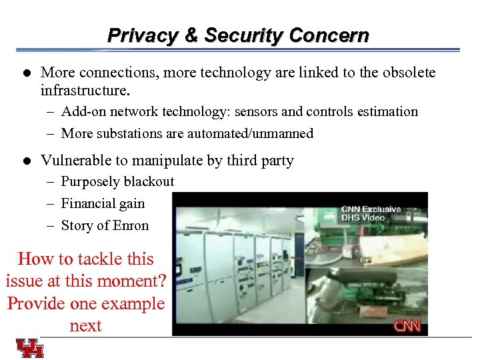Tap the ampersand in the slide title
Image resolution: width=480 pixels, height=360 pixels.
tap(191, 35)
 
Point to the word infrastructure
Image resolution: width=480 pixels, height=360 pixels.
tap(83, 89)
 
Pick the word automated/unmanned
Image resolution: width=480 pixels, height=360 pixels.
tap(250, 133)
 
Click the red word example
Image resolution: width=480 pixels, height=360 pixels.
tap(131, 303)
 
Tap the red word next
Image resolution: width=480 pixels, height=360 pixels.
tap(85, 325)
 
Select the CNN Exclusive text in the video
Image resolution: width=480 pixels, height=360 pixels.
tap(371, 209)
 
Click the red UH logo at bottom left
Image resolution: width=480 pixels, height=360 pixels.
tap(30, 348)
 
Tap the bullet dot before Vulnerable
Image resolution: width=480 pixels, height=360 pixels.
tap(25, 161)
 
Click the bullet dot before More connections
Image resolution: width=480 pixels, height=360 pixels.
tap(25, 72)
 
